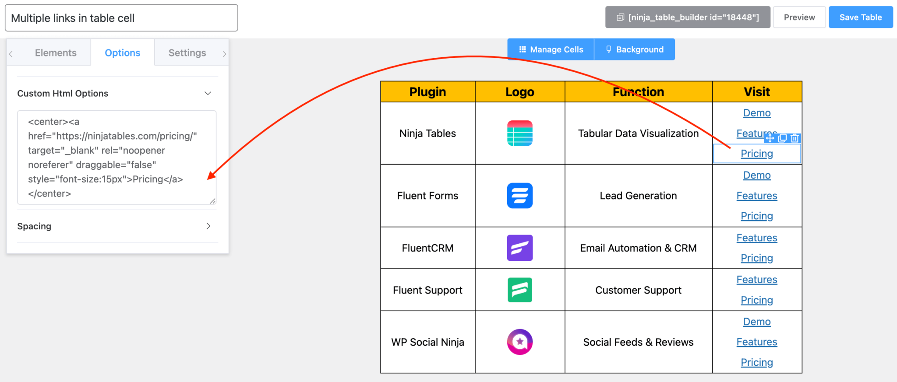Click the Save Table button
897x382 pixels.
click(x=860, y=18)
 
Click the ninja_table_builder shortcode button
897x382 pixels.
click(x=688, y=18)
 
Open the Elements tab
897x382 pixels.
click(x=56, y=53)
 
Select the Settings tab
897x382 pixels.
click(x=187, y=53)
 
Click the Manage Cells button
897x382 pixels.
click(x=551, y=49)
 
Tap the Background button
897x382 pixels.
click(x=635, y=49)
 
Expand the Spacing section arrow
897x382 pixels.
click(x=208, y=226)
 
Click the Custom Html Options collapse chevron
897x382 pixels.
click(x=208, y=93)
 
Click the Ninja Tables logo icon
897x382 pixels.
click(x=520, y=133)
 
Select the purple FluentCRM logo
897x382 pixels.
click(x=520, y=248)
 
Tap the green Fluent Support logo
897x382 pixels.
click(x=520, y=290)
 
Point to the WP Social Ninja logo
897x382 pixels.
click(x=520, y=342)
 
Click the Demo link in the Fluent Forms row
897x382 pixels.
click(x=757, y=175)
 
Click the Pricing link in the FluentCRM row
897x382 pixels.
click(x=757, y=258)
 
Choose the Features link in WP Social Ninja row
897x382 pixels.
click(x=757, y=342)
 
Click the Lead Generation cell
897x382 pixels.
click(x=638, y=196)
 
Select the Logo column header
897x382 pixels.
click(x=520, y=92)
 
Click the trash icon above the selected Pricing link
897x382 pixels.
click(x=795, y=138)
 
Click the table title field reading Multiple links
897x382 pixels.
click(x=121, y=18)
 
